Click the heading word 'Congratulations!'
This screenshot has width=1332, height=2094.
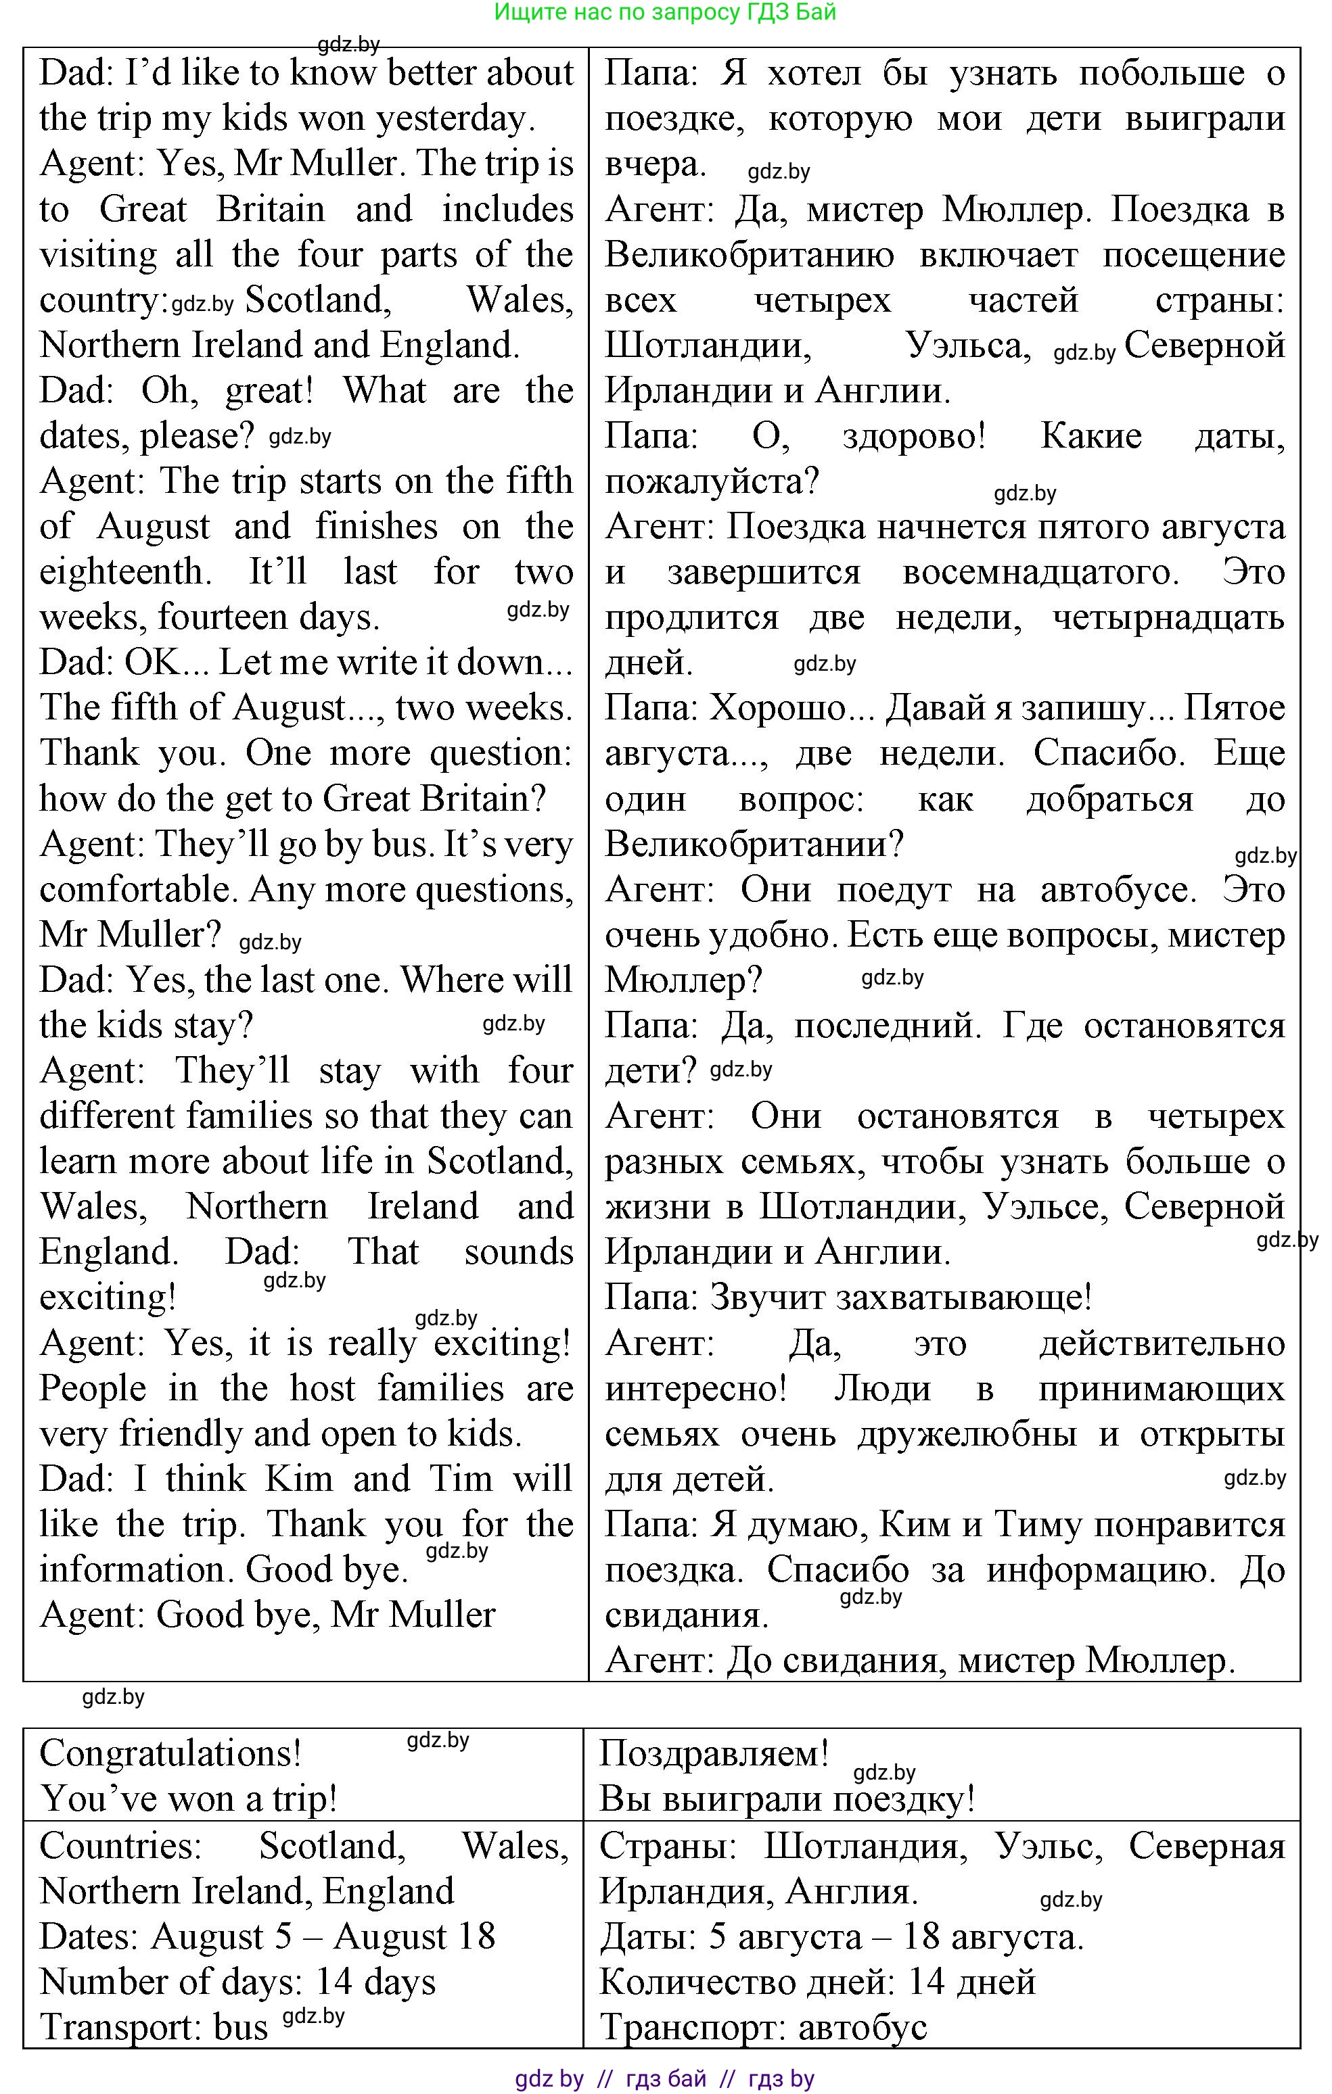coord(170,1753)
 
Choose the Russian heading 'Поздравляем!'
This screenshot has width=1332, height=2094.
coord(714,1753)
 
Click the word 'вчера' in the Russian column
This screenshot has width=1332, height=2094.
coord(654,164)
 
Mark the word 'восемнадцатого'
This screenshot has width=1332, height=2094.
coord(1040,572)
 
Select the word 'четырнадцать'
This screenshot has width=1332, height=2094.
coord(1168,617)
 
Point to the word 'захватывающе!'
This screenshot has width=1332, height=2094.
coord(900,1298)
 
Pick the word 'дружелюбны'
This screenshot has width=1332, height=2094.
coord(967,1434)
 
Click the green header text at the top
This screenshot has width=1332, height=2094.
coord(665,12)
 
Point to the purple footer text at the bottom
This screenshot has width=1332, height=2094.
coord(665,2079)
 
